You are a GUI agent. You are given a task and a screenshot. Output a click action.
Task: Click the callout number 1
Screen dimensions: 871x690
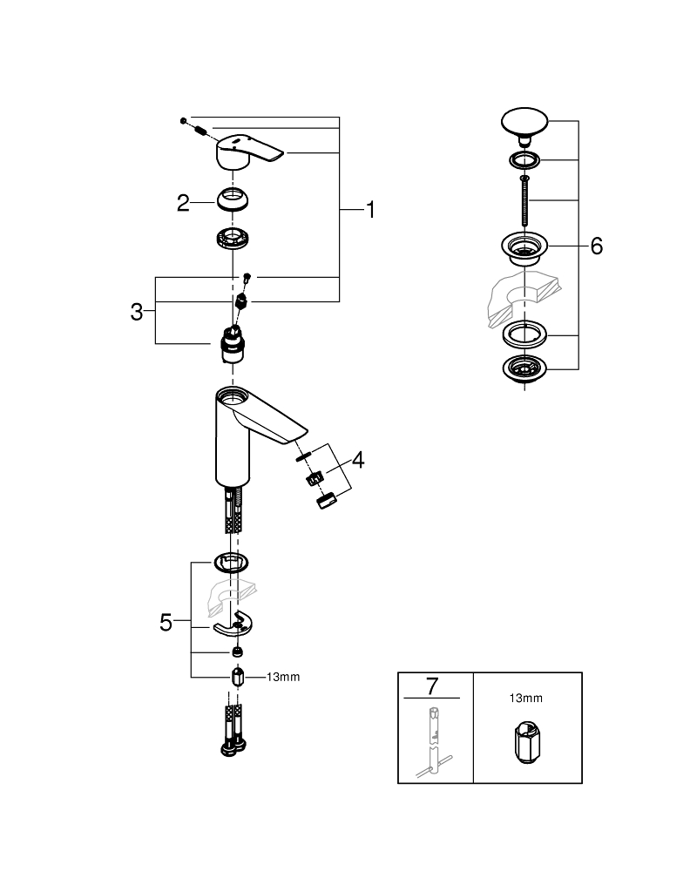369,210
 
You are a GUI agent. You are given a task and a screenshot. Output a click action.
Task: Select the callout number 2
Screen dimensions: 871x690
183,203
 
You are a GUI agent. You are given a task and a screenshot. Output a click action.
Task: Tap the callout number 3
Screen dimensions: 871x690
137,312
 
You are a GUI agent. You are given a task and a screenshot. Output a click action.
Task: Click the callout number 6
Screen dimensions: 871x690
596,246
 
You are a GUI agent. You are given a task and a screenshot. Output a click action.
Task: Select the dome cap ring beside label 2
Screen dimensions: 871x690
233,199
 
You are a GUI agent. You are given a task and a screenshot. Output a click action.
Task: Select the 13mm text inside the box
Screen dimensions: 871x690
526,697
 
